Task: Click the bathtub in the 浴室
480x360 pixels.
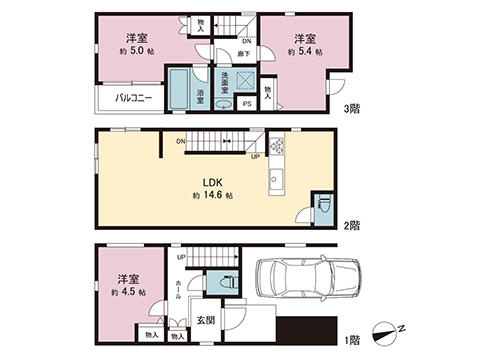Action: click(180, 91)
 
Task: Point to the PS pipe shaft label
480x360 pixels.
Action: click(247, 103)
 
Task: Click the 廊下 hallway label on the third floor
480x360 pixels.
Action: click(244, 53)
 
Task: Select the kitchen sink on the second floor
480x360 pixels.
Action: click(277, 180)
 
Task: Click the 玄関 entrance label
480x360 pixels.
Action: click(205, 320)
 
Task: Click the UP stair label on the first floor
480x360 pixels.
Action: click(180, 257)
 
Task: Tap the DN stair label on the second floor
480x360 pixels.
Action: click(180, 141)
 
